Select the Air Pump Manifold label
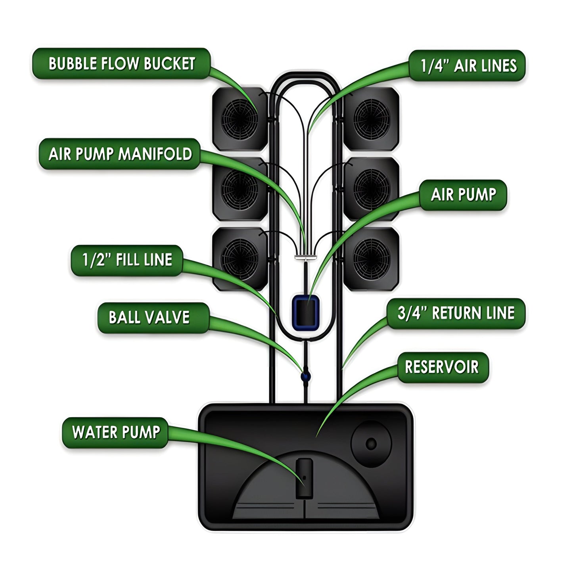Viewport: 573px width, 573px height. pos(119,154)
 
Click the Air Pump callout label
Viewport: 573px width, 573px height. pos(463,195)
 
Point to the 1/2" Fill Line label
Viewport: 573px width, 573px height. pos(127,260)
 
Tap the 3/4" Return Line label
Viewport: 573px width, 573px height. pos(456,313)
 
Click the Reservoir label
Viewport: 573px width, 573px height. pos(442,367)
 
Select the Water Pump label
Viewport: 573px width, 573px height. pos(115,432)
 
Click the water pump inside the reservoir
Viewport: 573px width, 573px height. pos(304,479)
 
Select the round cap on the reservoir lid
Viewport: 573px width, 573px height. pos(371,443)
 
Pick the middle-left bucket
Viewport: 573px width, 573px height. pos(240,188)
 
